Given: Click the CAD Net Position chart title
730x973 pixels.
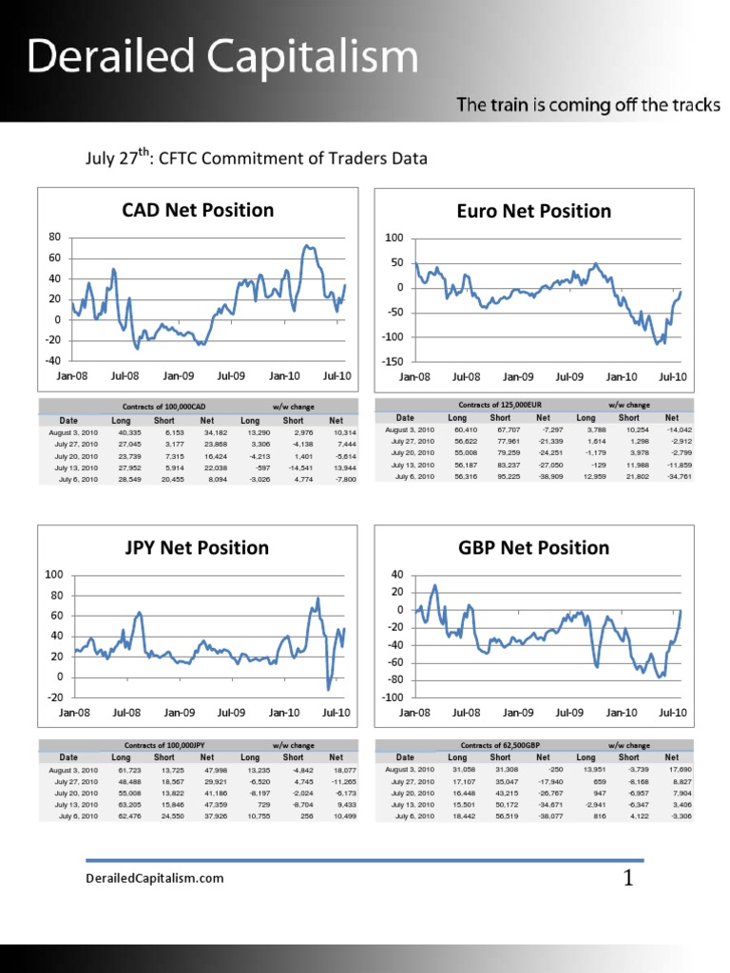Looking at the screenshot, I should coord(198,210).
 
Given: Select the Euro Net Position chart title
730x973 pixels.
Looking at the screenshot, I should coord(541,211).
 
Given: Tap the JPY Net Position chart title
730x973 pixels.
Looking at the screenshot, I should coord(198,547).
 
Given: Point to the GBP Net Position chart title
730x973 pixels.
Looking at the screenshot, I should coord(541,547).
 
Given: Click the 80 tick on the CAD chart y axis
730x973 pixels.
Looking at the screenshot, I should coord(55,237).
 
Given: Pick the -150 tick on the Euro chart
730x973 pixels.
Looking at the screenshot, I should coord(391,362).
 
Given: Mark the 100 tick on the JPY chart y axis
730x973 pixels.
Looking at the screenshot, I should coord(54,575).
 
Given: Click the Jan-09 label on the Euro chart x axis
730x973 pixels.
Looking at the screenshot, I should coord(518,377).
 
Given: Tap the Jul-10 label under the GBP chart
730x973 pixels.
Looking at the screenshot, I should coord(672,712).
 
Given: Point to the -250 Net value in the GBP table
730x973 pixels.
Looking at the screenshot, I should coord(543,770).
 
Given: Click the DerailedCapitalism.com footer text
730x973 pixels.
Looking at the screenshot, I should coord(155,878).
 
